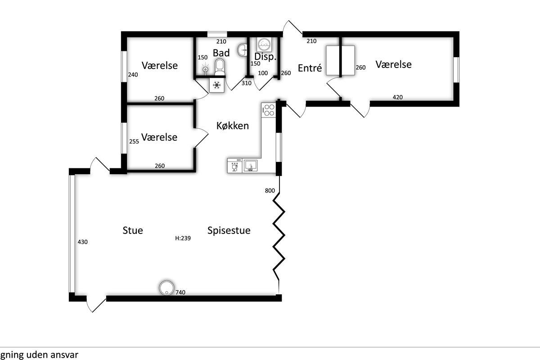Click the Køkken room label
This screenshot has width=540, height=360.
pyautogui.click(x=232, y=126)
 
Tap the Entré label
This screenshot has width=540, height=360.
pyautogui.click(x=310, y=68)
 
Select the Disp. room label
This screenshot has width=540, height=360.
pyautogui.click(x=265, y=57)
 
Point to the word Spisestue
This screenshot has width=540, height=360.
pyautogui.click(x=229, y=231)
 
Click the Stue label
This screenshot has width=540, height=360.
pyautogui.click(x=133, y=230)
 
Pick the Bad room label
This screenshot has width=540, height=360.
pyautogui.click(x=221, y=53)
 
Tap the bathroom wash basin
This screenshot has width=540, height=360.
pyautogui.click(x=242, y=50)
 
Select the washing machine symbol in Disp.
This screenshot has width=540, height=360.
pyautogui.click(x=264, y=44)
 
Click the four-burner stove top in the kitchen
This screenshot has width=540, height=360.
pyautogui.click(x=269, y=110)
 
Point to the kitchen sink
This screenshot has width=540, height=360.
pyautogui.click(x=251, y=166)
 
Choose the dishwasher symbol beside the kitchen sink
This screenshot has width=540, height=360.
pyautogui.click(x=234, y=166)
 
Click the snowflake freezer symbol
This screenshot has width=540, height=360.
pyautogui.click(x=217, y=85)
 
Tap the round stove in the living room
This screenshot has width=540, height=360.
pyautogui.click(x=166, y=288)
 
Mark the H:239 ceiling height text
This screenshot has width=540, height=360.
pyautogui.click(x=183, y=238)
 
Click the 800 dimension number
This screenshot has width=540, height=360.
pyautogui.click(x=270, y=190)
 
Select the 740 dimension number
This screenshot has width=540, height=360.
pyautogui.click(x=180, y=292)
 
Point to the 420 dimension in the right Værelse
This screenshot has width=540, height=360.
pyautogui.click(x=397, y=97)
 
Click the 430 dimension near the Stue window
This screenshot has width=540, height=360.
pyautogui.click(x=82, y=242)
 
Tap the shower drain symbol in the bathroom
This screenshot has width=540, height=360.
pyautogui.click(x=205, y=69)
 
